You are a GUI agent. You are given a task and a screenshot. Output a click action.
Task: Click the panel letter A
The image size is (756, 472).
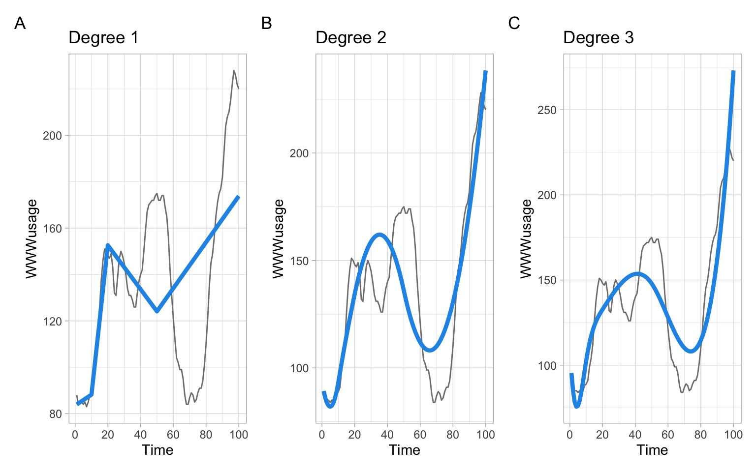click(x=20, y=23)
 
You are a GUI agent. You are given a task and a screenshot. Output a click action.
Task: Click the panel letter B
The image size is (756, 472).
click(x=266, y=23)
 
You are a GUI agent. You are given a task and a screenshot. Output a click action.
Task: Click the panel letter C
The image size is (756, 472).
click(x=514, y=23)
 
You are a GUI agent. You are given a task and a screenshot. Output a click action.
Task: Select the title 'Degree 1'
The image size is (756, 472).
click(x=103, y=38)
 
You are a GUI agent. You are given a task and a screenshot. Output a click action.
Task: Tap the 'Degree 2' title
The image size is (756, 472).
click(x=350, y=38)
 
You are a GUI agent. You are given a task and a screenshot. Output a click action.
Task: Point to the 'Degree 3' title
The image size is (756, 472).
click(x=598, y=38)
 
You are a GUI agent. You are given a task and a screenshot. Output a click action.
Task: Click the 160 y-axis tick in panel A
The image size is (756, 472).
click(x=52, y=229)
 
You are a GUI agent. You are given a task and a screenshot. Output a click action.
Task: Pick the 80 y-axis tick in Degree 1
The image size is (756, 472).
click(x=55, y=414)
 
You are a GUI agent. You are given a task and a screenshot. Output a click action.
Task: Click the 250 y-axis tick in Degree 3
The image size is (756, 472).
click(x=547, y=110)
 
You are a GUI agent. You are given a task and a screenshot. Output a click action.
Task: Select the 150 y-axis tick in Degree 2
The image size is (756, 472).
click(x=299, y=261)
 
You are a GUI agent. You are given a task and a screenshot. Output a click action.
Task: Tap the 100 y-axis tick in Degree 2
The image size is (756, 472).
click(x=299, y=368)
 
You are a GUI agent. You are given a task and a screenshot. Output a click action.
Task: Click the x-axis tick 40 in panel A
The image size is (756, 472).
click(x=140, y=435)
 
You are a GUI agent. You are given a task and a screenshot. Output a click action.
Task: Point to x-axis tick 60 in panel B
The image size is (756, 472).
click(x=420, y=435)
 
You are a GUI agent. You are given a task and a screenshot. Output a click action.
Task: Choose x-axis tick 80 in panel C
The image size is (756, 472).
click(x=700, y=435)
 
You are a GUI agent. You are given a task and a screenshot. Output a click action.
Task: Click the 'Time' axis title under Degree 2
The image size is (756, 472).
click(x=404, y=450)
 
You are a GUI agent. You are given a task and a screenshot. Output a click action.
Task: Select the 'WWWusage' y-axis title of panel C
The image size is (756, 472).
click(x=526, y=238)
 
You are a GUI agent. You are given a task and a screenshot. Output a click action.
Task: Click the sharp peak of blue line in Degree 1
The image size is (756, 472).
click(x=107, y=245)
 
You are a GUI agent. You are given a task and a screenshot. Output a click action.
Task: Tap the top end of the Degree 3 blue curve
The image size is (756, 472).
click(x=733, y=72)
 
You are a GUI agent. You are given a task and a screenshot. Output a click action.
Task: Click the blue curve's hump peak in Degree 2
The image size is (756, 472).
click(x=379, y=235)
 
